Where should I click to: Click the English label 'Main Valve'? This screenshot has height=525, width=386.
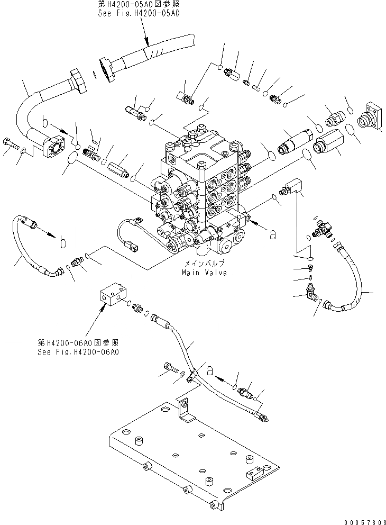click(x=204, y=273)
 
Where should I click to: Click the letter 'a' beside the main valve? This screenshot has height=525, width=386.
click(x=273, y=236)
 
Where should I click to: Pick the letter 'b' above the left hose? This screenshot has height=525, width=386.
click(x=63, y=242)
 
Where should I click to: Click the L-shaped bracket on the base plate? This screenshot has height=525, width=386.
click(x=185, y=410)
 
